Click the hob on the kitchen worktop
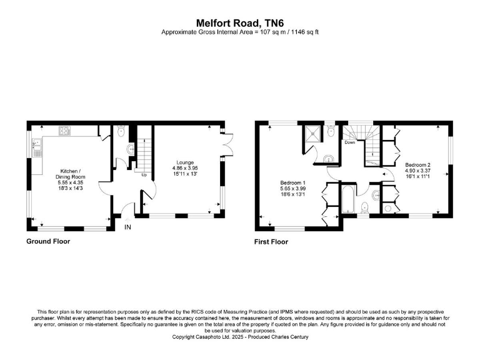click(x=64, y=131)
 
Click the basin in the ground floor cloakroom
click(x=129, y=149)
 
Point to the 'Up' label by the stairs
click(x=144, y=174)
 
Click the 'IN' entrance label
click(x=127, y=226)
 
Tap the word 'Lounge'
click(x=185, y=162)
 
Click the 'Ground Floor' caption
click(x=48, y=241)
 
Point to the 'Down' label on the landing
click(x=351, y=142)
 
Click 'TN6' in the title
click(x=267, y=21)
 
